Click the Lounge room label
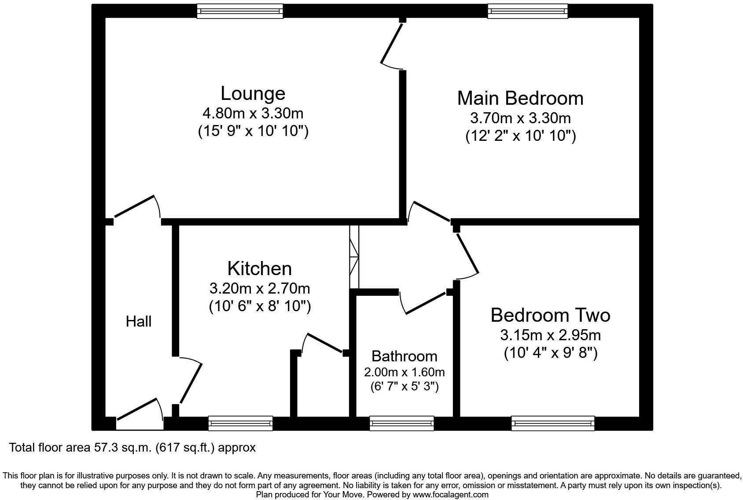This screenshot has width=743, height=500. pos(253,93)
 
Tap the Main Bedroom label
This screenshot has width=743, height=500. pos(520,98)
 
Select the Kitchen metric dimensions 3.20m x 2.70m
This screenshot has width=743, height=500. pos(260,289)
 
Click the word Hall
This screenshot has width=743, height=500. pos(139,321)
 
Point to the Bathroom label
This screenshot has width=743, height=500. pos(404,356)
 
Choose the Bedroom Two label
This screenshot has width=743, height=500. pos(550,315)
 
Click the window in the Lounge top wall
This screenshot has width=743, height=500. pos(239,11)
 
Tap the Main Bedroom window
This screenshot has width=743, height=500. pos(527,11)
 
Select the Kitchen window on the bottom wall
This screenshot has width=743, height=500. pos(240,423)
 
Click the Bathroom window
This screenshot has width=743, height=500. pos(402,423)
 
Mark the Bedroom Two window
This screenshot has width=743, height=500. pos(553,423)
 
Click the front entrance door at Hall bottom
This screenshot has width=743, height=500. pos(138,410)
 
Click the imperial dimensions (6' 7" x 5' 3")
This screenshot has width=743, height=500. pos(404,386)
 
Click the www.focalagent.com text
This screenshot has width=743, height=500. pos(450,494)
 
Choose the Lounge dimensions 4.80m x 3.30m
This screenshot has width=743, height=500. pos(253,114)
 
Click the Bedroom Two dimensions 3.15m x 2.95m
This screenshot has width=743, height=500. pos(550,335)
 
